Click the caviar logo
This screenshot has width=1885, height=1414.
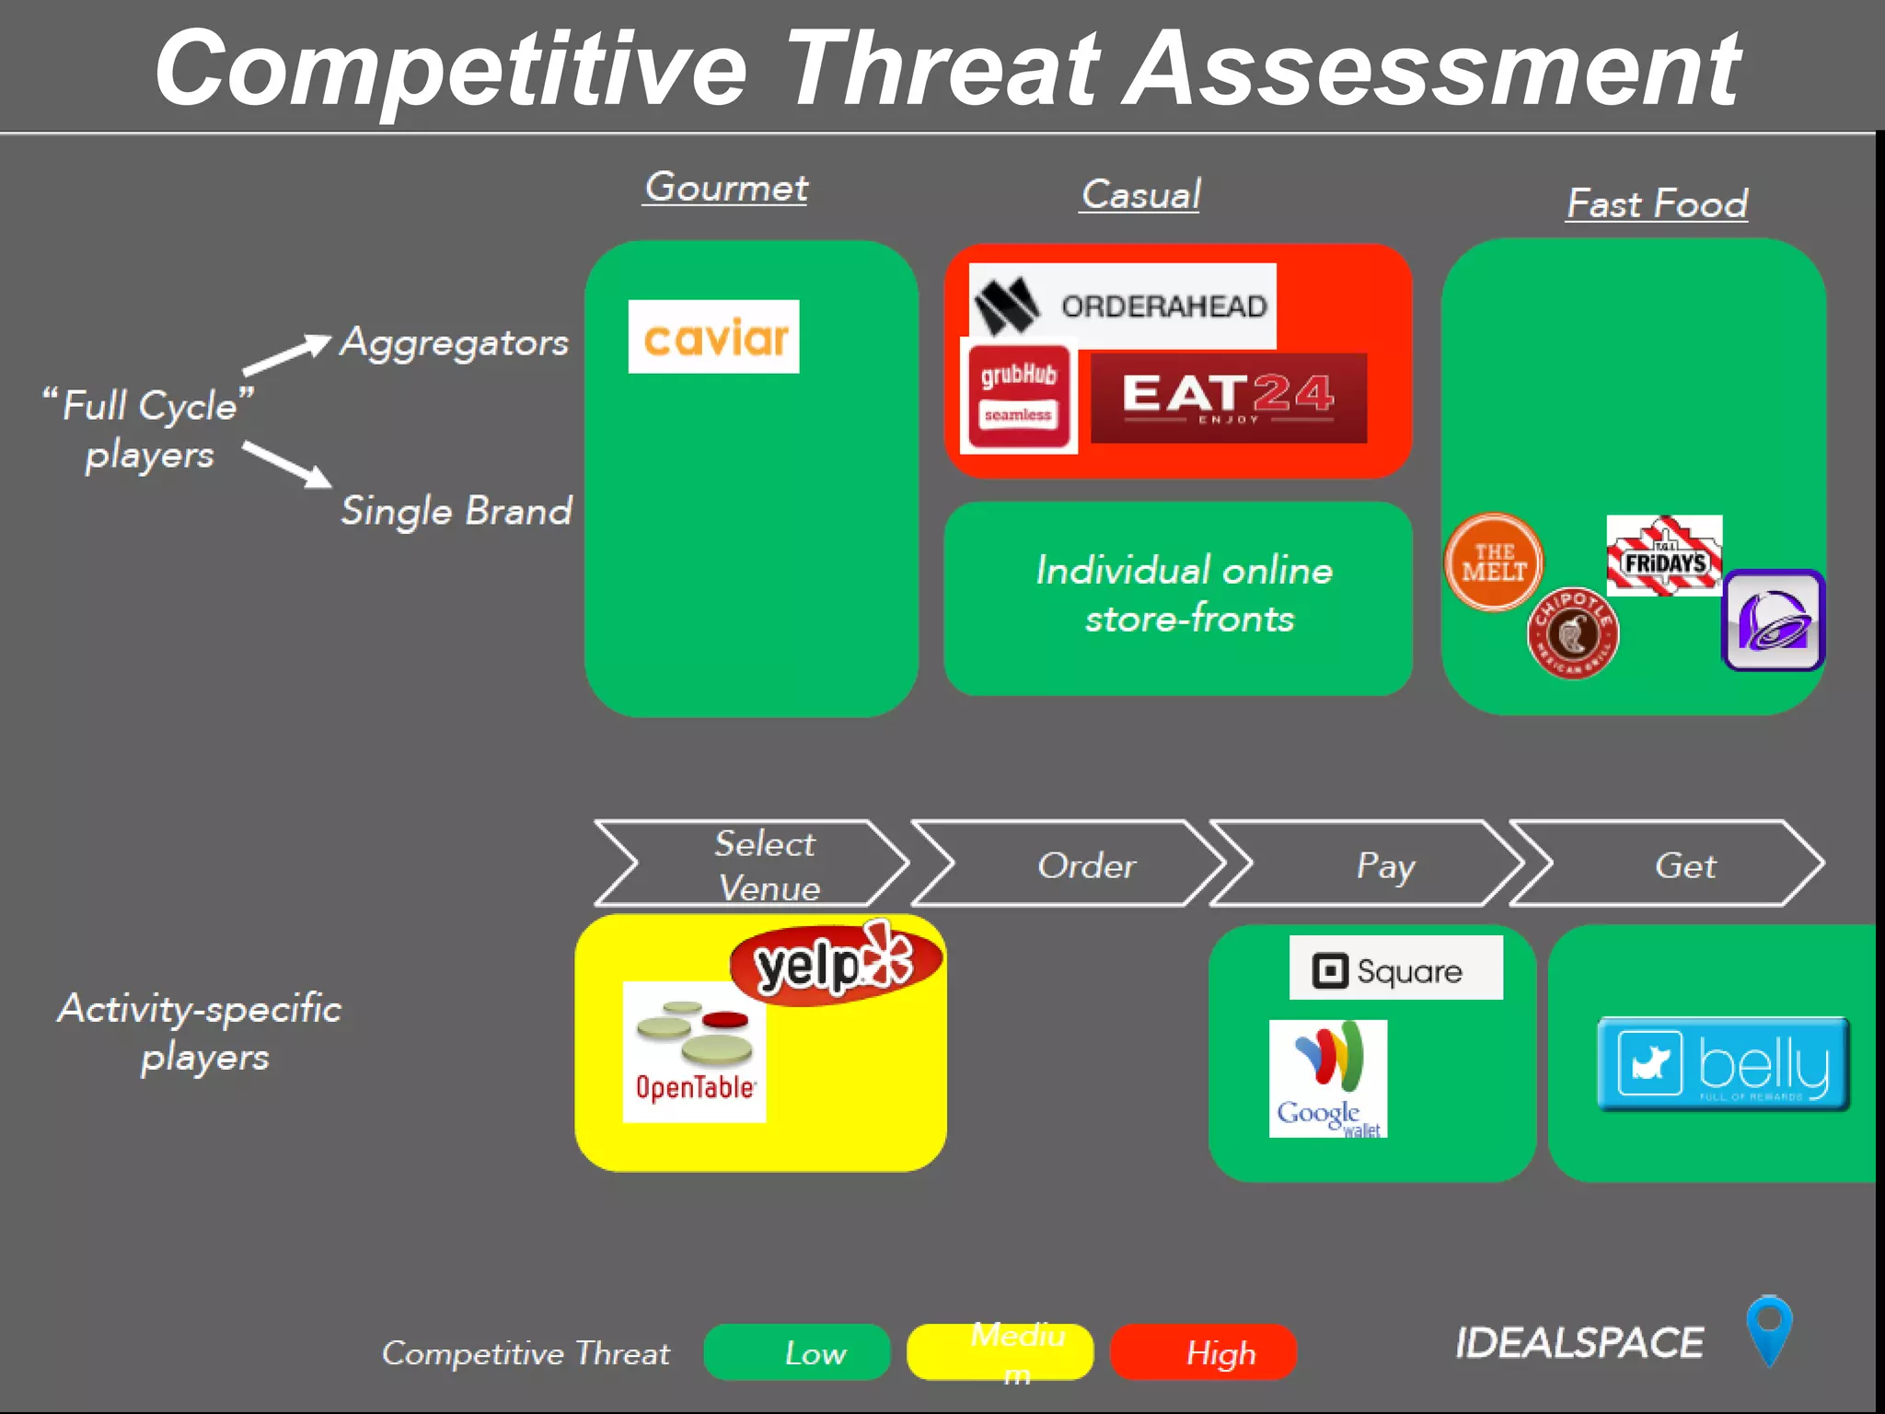pyautogui.click(x=713, y=337)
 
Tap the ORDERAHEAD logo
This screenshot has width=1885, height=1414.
pyautogui.click(x=1122, y=306)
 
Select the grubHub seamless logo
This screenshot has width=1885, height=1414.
pyautogui.click(x=1018, y=396)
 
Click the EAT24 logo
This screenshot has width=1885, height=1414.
pyautogui.click(x=1228, y=398)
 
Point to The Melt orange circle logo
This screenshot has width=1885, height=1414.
pyautogui.click(x=1493, y=562)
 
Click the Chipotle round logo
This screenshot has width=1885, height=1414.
pyautogui.click(x=1572, y=633)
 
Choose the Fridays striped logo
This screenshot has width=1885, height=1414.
pyautogui.click(x=1664, y=555)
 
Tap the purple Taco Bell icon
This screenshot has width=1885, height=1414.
pyautogui.click(x=1773, y=620)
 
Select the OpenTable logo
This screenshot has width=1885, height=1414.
pyautogui.click(x=694, y=1051)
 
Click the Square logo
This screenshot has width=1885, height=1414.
pyautogui.click(x=1395, y=968)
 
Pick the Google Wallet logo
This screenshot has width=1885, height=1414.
pyautogui.click(x=1327, y=1079)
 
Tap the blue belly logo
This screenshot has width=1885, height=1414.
pyautogui.click(x=1723, y=1064)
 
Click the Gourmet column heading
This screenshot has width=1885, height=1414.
pyautogui.click(x=725, y=188)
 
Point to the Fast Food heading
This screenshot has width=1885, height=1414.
pyautogui.click(x=1657, y=203)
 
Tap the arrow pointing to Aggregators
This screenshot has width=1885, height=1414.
pyautogui.click(x=286, y=354)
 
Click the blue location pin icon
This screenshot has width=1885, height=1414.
pyautogui.click(x=1768, y=1329)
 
